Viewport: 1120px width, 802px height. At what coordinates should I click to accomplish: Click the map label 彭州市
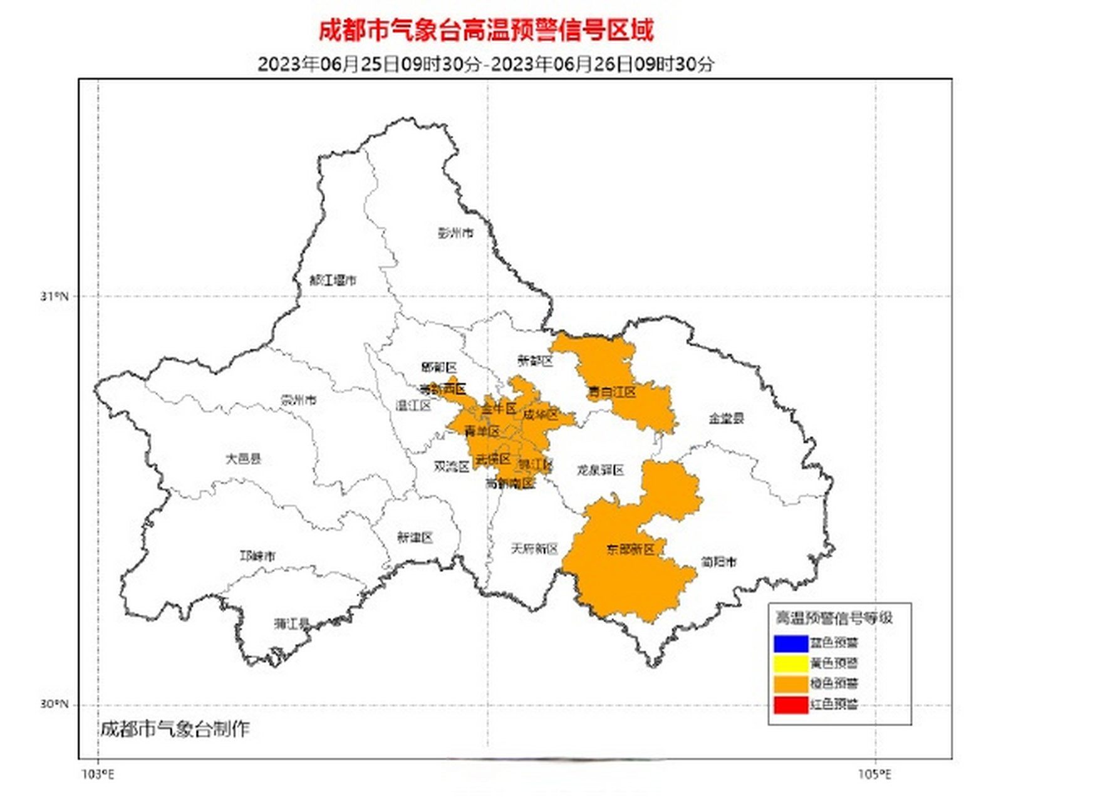(x=455, y=233)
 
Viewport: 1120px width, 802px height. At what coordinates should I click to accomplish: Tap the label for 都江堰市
(x=333, y=280)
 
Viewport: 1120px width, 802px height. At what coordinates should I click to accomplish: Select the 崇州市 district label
(x=299, y=400)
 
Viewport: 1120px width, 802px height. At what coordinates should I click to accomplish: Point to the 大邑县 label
(x=243, y=459)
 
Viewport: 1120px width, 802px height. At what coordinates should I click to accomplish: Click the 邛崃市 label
(x=257, y=556)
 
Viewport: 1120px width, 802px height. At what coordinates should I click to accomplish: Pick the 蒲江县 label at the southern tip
(x=292, y=624)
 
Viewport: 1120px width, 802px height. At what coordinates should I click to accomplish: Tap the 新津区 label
(x=415, y=538)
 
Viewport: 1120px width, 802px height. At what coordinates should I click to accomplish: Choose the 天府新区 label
(x=534, y=549)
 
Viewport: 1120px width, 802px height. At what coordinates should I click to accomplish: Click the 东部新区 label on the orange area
(x=630, y=549)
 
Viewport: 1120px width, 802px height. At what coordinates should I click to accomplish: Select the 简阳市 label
(x=718, y=562)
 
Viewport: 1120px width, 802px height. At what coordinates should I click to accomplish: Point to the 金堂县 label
(x=726, y=418)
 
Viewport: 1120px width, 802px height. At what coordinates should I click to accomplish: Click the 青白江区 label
(x=612, y=392)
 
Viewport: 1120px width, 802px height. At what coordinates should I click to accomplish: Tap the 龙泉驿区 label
(x=600, y=470)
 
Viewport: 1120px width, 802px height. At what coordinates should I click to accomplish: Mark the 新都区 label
(x=535, y=361)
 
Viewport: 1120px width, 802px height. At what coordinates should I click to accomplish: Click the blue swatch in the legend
(x=791, y=643)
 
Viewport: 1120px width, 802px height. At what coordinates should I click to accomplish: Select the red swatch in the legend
(x=791, y=705)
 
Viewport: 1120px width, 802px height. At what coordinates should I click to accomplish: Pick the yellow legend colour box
(x=791, y=664)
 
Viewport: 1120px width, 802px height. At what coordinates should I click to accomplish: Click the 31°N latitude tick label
(x=54, y=296)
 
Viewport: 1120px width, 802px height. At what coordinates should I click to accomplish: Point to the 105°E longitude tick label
(x=874, y=775)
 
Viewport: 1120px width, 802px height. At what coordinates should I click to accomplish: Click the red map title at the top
(x=486, y=30)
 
